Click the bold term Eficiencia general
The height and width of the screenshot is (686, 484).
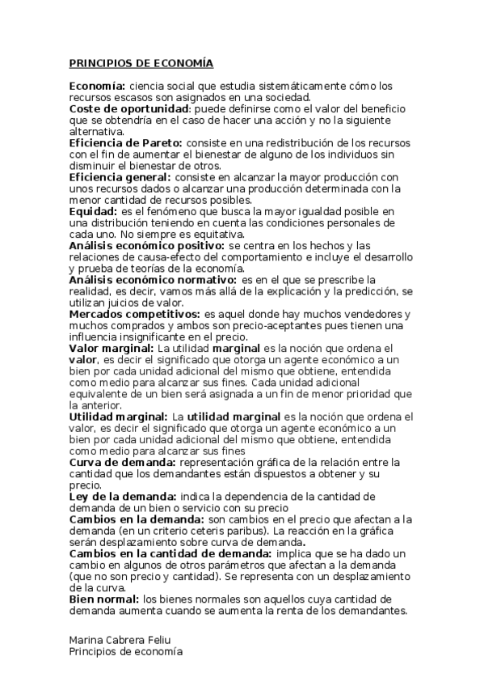pyautogui.click(x=120, y=177)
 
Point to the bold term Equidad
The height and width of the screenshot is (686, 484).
pyautogui.click(x=92, y=211)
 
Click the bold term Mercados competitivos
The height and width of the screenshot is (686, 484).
pyautogui.click(x=133, y=314)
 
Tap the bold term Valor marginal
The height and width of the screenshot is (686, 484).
pyautogui.click(x=105, y=348)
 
